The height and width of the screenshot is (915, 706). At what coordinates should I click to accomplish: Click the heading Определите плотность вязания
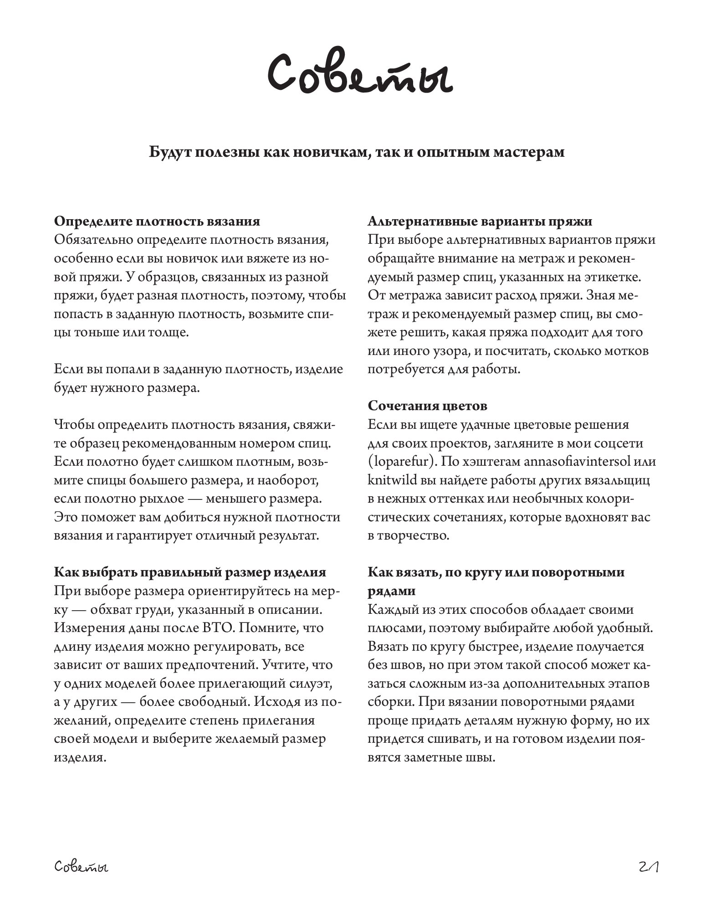click(x=157, y=221)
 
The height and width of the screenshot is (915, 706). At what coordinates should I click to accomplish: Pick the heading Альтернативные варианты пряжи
click(x=480, y=221)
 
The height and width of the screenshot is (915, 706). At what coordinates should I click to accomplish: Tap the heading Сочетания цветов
click(x=428, y=406)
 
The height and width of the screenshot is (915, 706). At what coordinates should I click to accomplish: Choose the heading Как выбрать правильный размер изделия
click(x=190, y=572)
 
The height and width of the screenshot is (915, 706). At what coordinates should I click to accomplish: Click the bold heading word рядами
click(x=392, y=591)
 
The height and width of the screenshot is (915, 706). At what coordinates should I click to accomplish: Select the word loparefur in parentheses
click(x=401, y=462)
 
